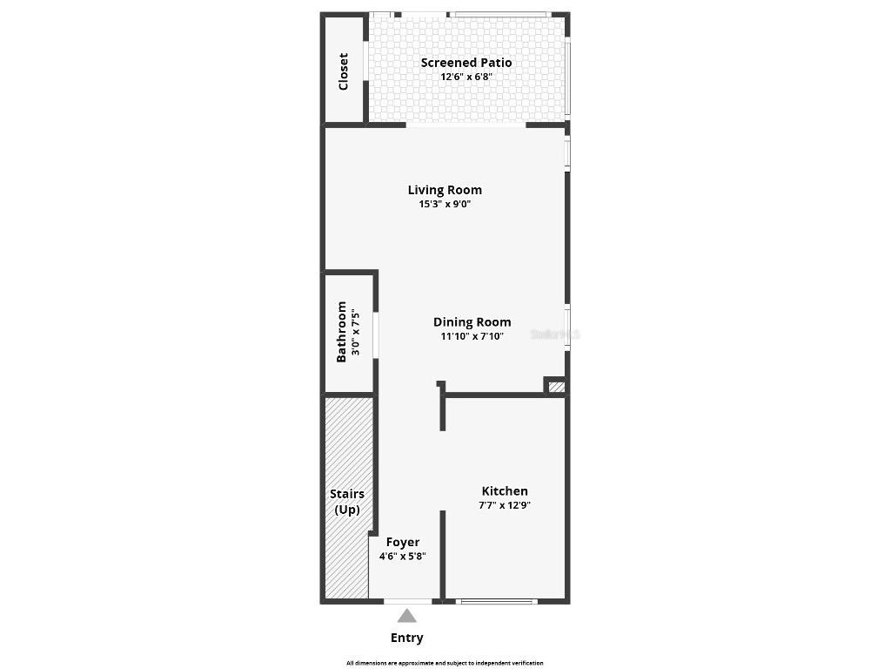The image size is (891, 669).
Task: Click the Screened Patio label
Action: [x=466, y=63]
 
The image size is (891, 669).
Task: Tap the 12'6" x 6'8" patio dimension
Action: [x=466, y=77]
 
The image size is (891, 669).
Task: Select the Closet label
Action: [x=343, y=71]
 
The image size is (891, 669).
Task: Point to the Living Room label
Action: [x=445, y=190]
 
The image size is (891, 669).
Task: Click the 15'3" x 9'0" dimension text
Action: [x=445, y=205]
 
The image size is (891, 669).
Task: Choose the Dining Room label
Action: [x=472, y=322]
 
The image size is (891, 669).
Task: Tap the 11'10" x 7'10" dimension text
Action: [x=472, y=336]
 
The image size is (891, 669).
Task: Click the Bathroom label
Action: [x=341, y=332]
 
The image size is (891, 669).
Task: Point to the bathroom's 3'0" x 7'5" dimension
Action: [x=355, y=332]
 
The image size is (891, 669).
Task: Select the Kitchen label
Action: [x=505, y=491]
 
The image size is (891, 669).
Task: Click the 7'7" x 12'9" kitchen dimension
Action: [x=505, y=505]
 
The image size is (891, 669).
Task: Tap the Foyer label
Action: [x=403, y=542]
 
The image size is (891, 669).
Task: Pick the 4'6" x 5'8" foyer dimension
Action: [x=403, y=556]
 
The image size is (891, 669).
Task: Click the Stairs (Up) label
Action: [x=347, y=502]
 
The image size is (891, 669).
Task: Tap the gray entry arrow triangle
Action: [x=407, y=616]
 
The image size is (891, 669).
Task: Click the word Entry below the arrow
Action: [x=407, y=638]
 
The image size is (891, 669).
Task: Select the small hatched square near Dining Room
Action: [x=556, y=387]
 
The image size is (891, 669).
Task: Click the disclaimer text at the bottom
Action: [x=445, y=663]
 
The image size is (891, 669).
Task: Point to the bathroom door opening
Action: [x=376, y=334]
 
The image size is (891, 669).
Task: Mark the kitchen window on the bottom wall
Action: [x=497, y=601]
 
